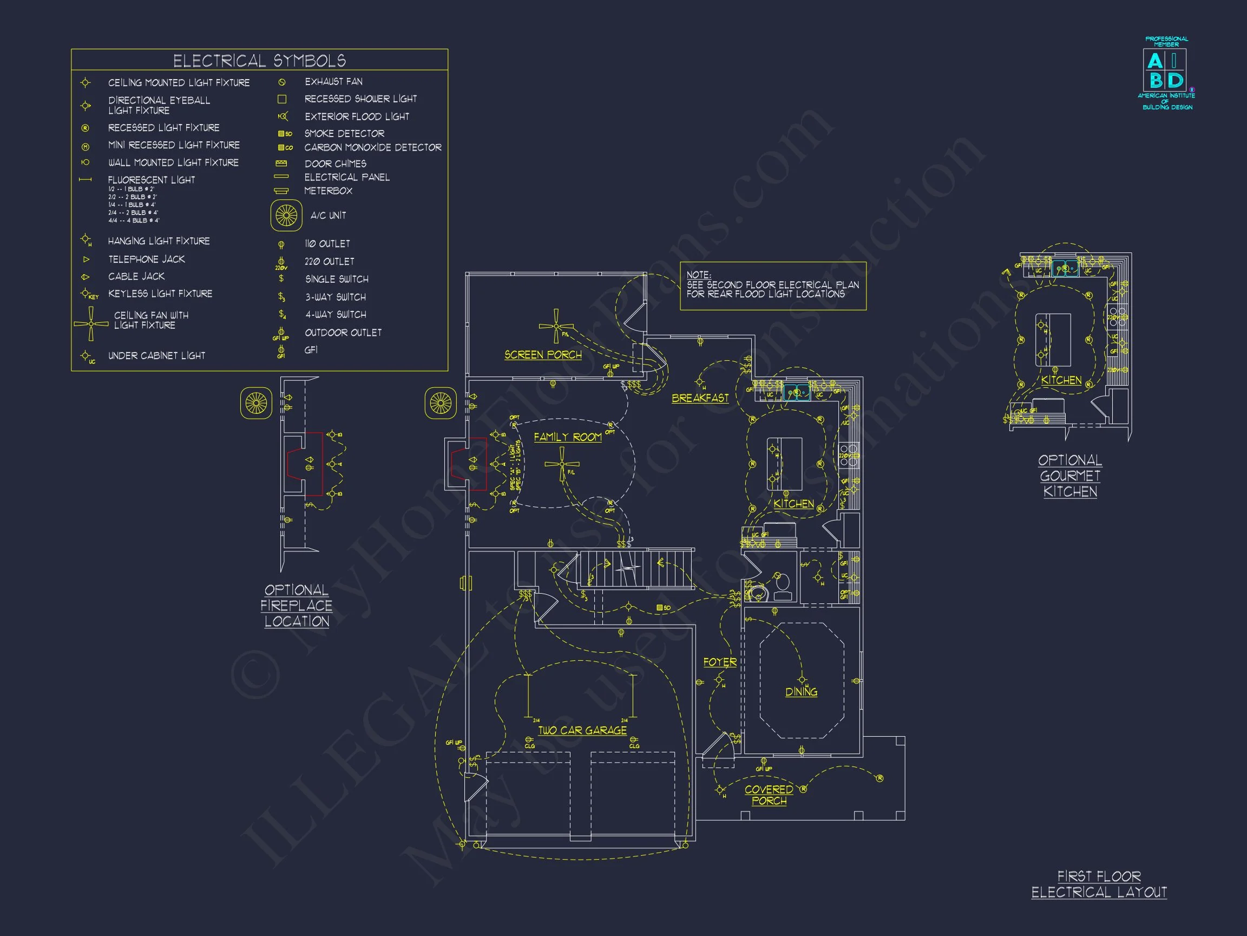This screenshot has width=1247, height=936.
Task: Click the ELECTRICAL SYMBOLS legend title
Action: pos(259,60)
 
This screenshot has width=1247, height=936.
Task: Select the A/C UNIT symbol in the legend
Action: pos(286,215)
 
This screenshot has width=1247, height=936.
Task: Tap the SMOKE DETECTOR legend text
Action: pos(344,134)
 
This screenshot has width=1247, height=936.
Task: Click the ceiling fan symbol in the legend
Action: pos(91,323)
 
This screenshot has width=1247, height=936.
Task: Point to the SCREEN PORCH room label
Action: pos(543,355)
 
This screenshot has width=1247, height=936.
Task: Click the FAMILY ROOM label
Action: pos(567,437)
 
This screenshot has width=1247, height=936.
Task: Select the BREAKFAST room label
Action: pos(700,398)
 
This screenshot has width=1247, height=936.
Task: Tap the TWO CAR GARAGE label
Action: pos(582,730)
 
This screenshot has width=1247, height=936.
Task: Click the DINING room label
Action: pos(801,692)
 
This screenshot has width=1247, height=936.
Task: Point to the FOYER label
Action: pos(720,662)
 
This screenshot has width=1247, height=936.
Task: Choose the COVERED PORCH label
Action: pos(769,795)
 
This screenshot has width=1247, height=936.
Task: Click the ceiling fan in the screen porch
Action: pos(556,326)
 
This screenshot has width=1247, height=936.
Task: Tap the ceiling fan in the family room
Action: pos(561,464)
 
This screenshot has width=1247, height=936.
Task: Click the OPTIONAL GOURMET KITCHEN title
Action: pos(1070,476)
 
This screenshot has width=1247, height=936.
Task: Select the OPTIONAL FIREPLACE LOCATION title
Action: pos(297,606)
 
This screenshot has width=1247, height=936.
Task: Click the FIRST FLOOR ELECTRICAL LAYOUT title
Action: pos(1099,884)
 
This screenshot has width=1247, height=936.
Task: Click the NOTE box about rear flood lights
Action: pos(773,285)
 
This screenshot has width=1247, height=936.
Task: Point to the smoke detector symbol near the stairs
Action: pos(660,608)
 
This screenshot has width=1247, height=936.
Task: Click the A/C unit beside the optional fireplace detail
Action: pos(256,403)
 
